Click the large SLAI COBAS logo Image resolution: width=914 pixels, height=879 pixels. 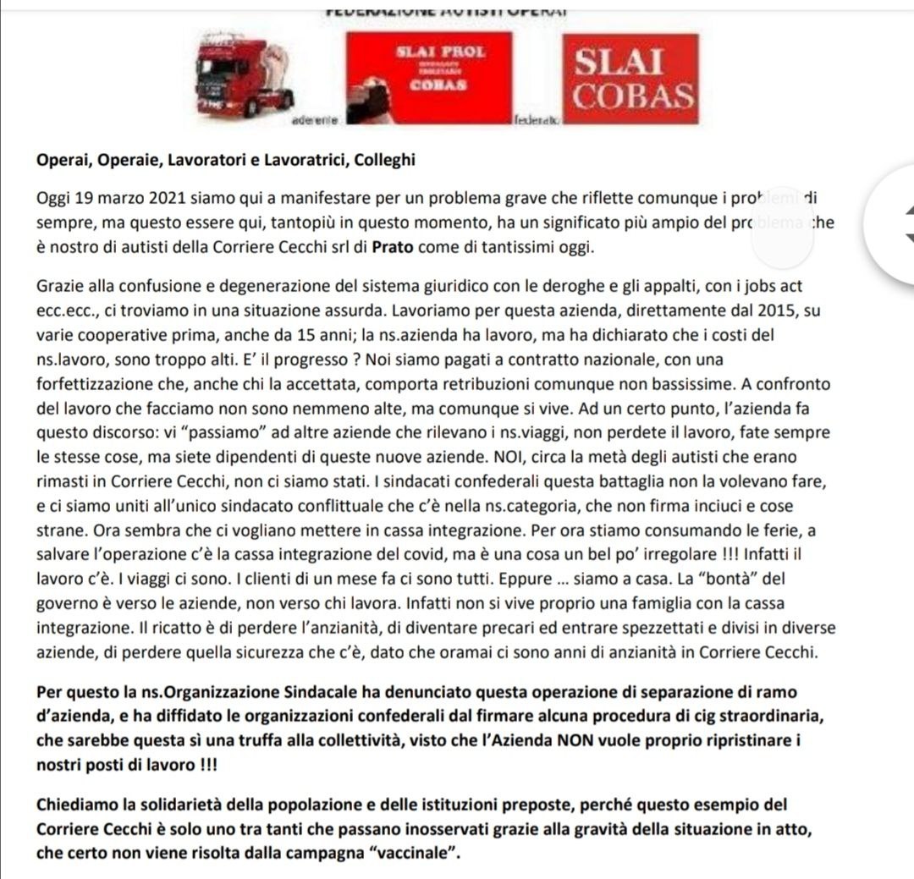click(631, 80)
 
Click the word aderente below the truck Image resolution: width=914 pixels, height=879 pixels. click(314, 121)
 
